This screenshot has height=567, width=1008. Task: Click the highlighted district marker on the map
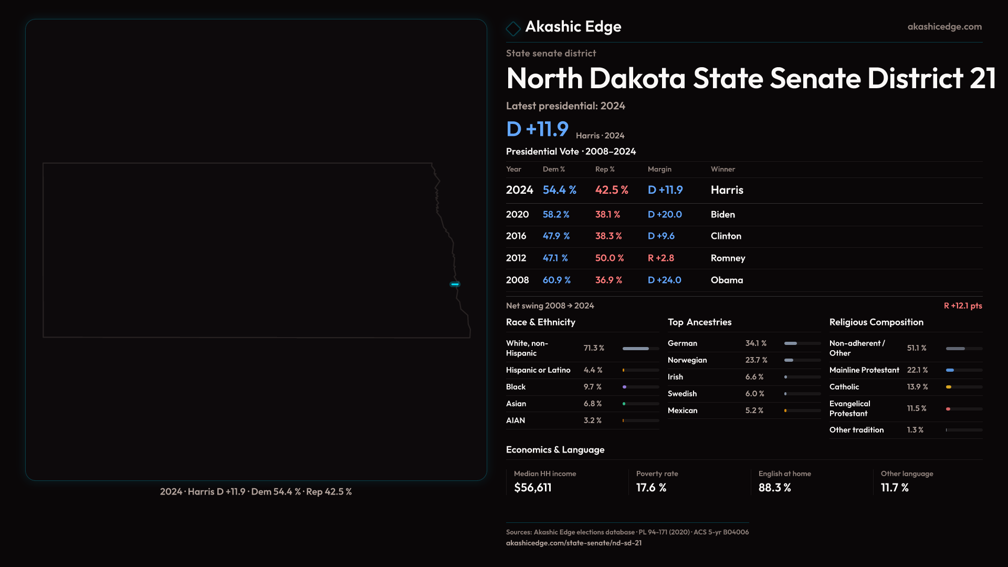pyautogui.click(x=455, y=284)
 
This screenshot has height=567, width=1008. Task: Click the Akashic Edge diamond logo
pyautogui.click(x=513, y=28)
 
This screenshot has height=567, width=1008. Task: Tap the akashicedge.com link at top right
pyautogui.click(x=944, y=27)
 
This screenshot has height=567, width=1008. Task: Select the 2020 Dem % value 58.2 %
pyautogui.click(x=555, y=215)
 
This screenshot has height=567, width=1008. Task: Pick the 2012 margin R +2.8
pyautogui.click(x=660, y=258)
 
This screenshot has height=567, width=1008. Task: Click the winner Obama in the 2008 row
pyautogui.click(x=727, y=280)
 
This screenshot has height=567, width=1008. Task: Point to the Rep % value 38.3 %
pyautogui.click(x=608, y=236)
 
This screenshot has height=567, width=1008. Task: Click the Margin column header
pyautogui.click(x=659, y=169)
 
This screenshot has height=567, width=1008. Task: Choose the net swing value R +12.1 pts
pyautogui.click(x=962, y=306)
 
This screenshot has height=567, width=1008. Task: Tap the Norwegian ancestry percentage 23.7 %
pyautogui.click(x=756, y=360)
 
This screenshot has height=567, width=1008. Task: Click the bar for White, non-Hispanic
pyautogui.click(x=636, y=349)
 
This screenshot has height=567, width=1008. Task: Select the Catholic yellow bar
pyautogui.click(x=949, y=387)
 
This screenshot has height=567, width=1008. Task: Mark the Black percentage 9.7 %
pyautogui.click(x=592, y=387)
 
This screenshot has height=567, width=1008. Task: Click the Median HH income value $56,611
pyautogui.click(x=532, y=488)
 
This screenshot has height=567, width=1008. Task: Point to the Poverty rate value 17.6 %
pyautogui.click(x=651, y=488)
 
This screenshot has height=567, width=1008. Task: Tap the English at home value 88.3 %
pyautogui.click(x=774, y=488)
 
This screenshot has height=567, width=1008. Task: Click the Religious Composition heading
pyautogui.click(x=876, y=322)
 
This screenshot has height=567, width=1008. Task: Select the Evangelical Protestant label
pyautogui.click(x=849, y=408)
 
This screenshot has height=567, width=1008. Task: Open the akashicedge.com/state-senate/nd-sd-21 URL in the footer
pyautogui.click(x=573, y=543)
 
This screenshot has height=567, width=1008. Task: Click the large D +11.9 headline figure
pyautogui.click(x=537, y=129)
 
